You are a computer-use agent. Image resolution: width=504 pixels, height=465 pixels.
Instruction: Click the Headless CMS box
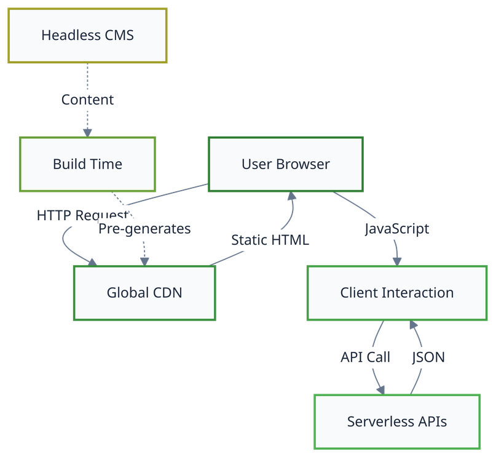[x=87, y=36]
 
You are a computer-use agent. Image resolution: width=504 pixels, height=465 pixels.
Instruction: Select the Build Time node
[x=87, y=164]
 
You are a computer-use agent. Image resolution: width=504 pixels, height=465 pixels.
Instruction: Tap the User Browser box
[x=286, y=164]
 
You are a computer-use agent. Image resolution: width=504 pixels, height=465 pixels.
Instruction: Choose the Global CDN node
[x=144, y=293]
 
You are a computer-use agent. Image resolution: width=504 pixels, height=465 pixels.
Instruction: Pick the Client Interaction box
[x=397, y=293]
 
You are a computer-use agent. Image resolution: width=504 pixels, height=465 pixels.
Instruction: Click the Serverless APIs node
[x=397, y=421]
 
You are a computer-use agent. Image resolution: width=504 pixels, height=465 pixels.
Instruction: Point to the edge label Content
[x=87, y=100]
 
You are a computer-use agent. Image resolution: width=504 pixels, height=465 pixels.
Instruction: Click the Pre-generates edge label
[x=144, y=229]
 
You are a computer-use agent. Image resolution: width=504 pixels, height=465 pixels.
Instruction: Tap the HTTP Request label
[x=83, y=215]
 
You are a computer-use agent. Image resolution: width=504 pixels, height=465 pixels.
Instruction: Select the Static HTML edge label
[x=270, y=240]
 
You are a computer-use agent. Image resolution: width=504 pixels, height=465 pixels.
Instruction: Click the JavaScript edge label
[x=397, y=229]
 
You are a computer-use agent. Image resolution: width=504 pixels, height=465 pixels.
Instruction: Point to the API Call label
[x=366, y=357]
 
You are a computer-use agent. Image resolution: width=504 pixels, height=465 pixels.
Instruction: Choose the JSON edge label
[x=428, y=357]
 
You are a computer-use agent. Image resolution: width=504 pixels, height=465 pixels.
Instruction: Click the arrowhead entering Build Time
[x=87, y=133]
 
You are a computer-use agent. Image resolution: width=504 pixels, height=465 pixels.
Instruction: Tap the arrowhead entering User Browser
[x=291, y=196]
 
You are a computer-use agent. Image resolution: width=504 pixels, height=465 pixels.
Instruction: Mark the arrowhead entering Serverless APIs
[x=381, y=390]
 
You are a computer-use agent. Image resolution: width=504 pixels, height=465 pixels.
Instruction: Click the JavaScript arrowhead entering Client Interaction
[x=397, y=261]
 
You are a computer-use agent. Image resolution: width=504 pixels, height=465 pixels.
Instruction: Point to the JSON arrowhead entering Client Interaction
[x=413, y=325]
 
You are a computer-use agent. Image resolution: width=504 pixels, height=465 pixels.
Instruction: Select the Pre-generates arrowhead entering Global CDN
[x=144, y=261]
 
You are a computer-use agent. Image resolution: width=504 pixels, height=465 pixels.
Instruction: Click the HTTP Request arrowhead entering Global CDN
[x=93, y=262]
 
